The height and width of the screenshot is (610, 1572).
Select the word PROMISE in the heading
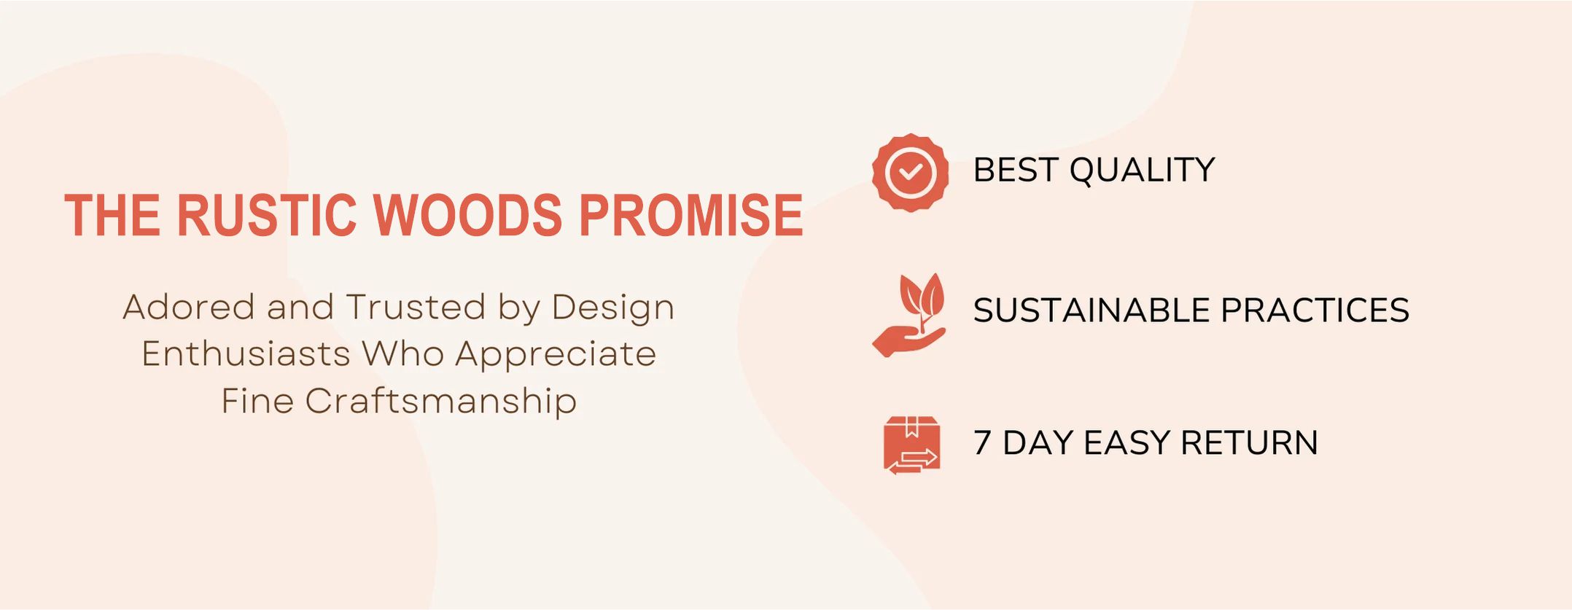(691, 215)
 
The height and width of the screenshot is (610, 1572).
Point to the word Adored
(188, 307)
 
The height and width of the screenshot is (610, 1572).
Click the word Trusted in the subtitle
(416, 307)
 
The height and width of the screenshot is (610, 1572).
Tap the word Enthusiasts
(246, 354)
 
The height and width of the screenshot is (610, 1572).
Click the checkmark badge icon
(910, 173)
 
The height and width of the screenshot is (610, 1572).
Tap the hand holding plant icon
(909, 315)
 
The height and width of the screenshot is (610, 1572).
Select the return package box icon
(911, 445)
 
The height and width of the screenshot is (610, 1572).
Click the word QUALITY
(1142, 171)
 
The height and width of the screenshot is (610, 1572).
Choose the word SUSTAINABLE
(1092, 310)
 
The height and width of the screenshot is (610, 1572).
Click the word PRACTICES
(1315, 310)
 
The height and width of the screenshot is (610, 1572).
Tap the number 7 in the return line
(982, 443)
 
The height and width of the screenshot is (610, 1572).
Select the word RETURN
(1249, 443)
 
